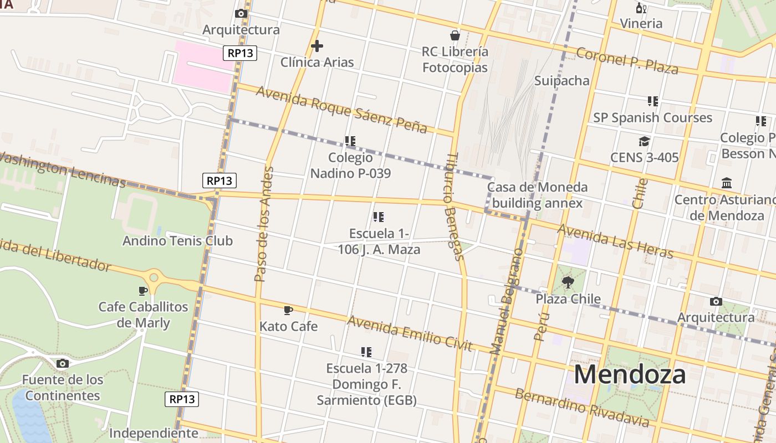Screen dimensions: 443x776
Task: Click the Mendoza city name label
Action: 630,374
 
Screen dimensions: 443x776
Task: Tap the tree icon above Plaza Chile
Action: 568,282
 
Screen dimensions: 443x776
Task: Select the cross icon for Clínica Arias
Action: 317,46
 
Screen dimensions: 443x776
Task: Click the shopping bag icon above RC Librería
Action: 455,35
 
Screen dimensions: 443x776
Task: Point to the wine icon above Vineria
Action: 641,8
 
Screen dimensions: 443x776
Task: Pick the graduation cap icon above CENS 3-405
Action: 644,141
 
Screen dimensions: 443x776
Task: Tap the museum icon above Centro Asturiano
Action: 726,183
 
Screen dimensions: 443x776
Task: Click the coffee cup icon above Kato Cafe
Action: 288,310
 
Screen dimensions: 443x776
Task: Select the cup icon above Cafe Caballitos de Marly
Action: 143,291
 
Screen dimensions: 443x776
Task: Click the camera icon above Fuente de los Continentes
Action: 63,364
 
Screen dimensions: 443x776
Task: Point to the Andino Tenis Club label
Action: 177,241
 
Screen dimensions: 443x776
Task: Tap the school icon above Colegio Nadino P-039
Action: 350,141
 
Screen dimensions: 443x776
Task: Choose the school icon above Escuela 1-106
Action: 379,217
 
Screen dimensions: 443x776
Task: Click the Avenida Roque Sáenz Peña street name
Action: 341,109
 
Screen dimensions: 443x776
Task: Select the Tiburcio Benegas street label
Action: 453,206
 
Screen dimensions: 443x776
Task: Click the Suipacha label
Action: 561,81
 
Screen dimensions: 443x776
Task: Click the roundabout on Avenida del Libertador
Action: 154,277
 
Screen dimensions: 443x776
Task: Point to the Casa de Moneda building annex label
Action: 537,195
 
